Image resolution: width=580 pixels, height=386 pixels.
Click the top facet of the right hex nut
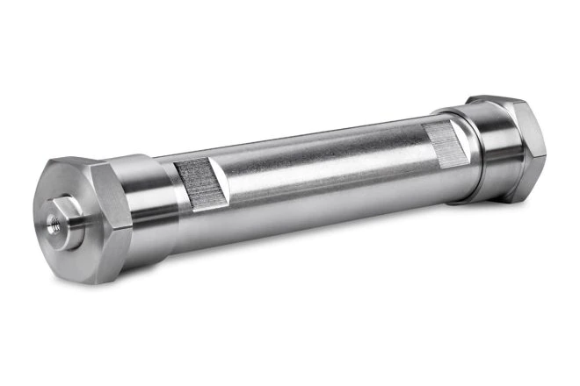coord(497,102)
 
